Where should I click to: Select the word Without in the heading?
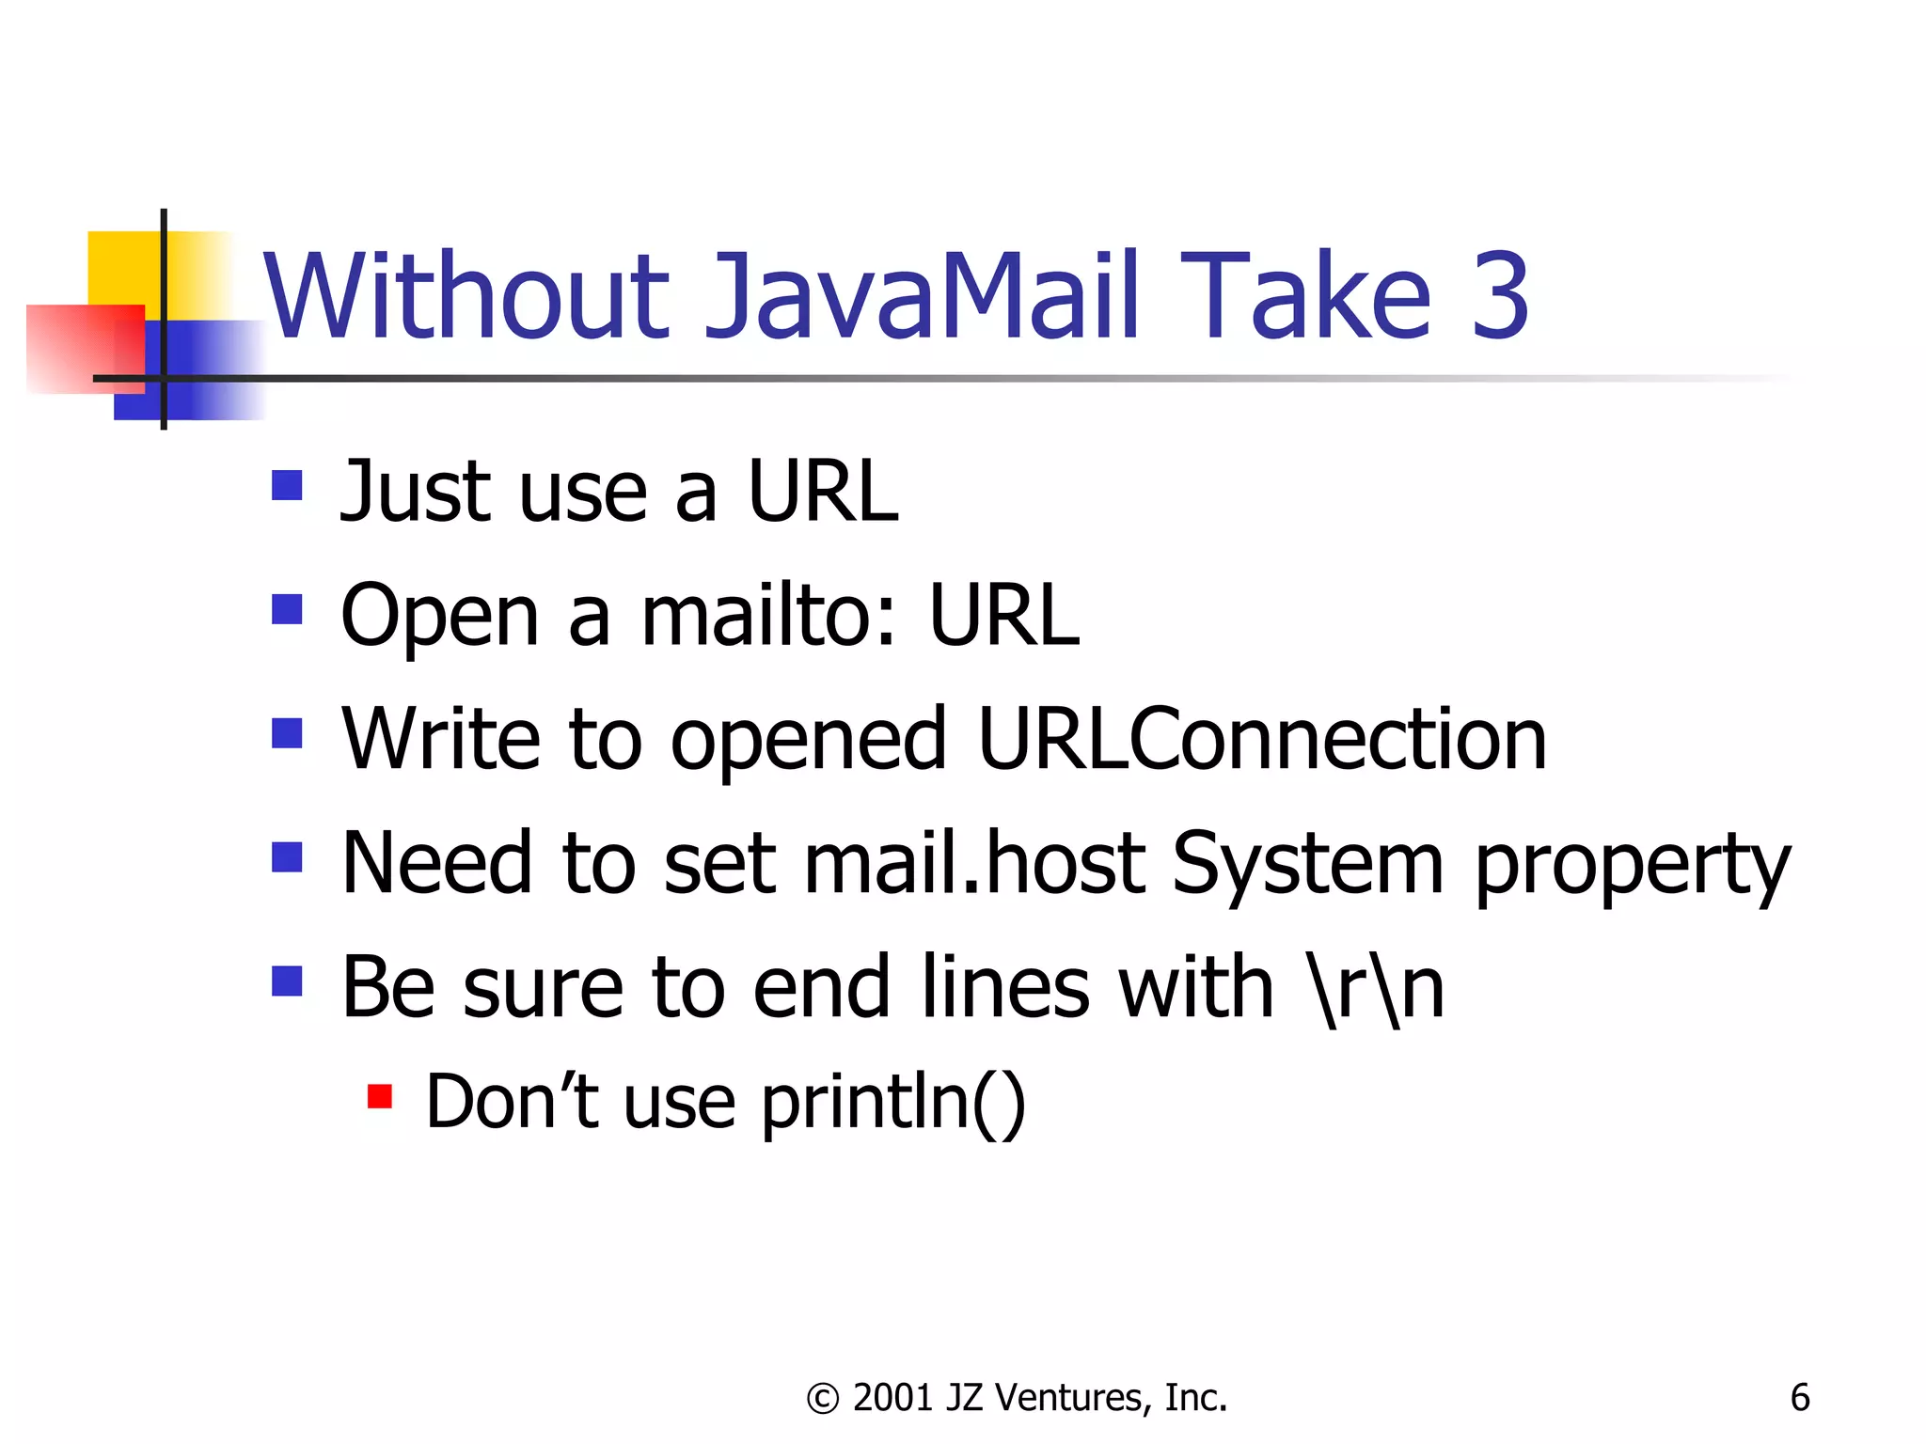(x=466, y=296)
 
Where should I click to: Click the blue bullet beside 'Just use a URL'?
(x=287, y=486)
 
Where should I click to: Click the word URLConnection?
(x=1261, y=740)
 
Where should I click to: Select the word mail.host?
(x=974, y=863)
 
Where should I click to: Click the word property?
(x=1632, y=867)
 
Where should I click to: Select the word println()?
(x=893, y=1102)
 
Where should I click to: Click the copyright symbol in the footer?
(x=823, y=1399)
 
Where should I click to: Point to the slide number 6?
(x=1799, y=1398)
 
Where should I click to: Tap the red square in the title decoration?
(x=80, y=348)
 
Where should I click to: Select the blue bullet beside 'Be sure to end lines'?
(x=287, y=981)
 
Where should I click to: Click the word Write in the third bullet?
(x=440, y=740)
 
